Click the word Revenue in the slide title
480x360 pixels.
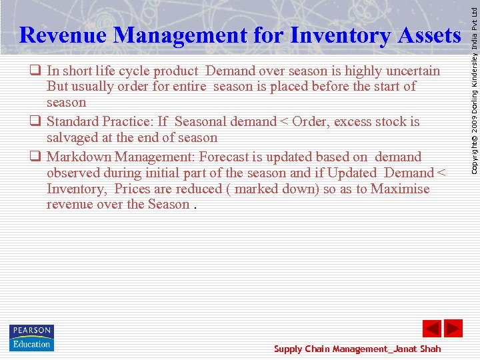(x=63, y=35)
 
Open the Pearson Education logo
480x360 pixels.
(x=31, y=337)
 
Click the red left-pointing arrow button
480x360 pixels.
(x=432, y=329)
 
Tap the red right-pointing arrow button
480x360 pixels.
(x=453, y=329)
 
